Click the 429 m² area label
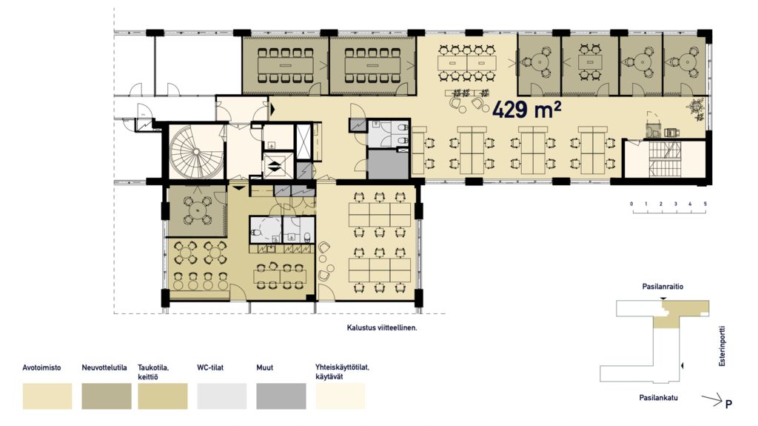tap(526, 110)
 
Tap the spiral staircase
tap(195, 152)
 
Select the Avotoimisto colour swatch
tap(47, 396)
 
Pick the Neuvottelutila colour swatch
tap(107, 396)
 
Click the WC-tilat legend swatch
tap(222, 396)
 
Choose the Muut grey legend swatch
tap(281, 396)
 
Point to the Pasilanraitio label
tap(663, 287)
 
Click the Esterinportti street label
tap(722, 346)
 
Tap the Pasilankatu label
tap(658, 398)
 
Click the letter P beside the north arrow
tap(728, 404)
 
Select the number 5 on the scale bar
tap(705, 204)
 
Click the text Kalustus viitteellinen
tap(382, 327)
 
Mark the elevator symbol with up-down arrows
tap(274, 166)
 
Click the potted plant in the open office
tap(697, 108)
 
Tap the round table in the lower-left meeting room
tap(197, 210)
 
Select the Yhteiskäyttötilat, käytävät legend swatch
tap(341, 396)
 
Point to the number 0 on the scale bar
tap(631, 204)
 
